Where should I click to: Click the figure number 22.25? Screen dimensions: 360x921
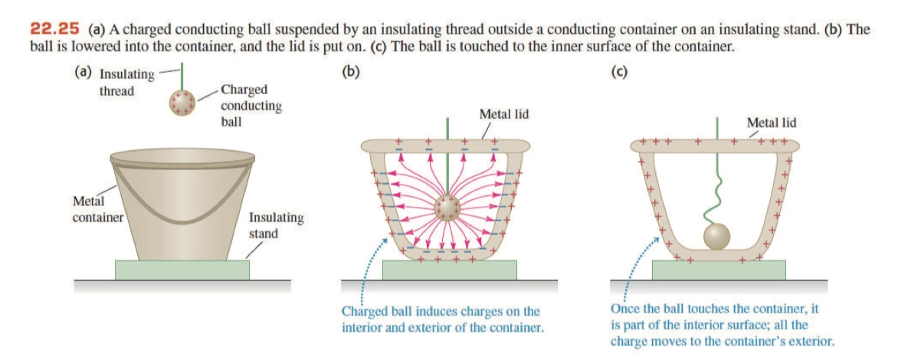tap(54, 29)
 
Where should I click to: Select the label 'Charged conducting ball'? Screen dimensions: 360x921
tap(250, 105)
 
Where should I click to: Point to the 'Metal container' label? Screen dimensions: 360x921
tap(97, 208)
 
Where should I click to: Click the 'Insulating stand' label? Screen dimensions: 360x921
tap(275, 224)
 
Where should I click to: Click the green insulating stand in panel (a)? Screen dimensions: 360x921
tap(182, 270)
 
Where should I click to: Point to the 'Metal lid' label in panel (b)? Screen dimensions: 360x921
tap(503, 113)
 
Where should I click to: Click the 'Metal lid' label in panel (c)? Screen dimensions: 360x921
tap(771, 122)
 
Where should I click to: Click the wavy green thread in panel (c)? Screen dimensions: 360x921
tap(718, 195)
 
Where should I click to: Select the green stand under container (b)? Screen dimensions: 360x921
tap(449, 270)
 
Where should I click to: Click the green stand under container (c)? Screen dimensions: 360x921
tap(718, 270)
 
